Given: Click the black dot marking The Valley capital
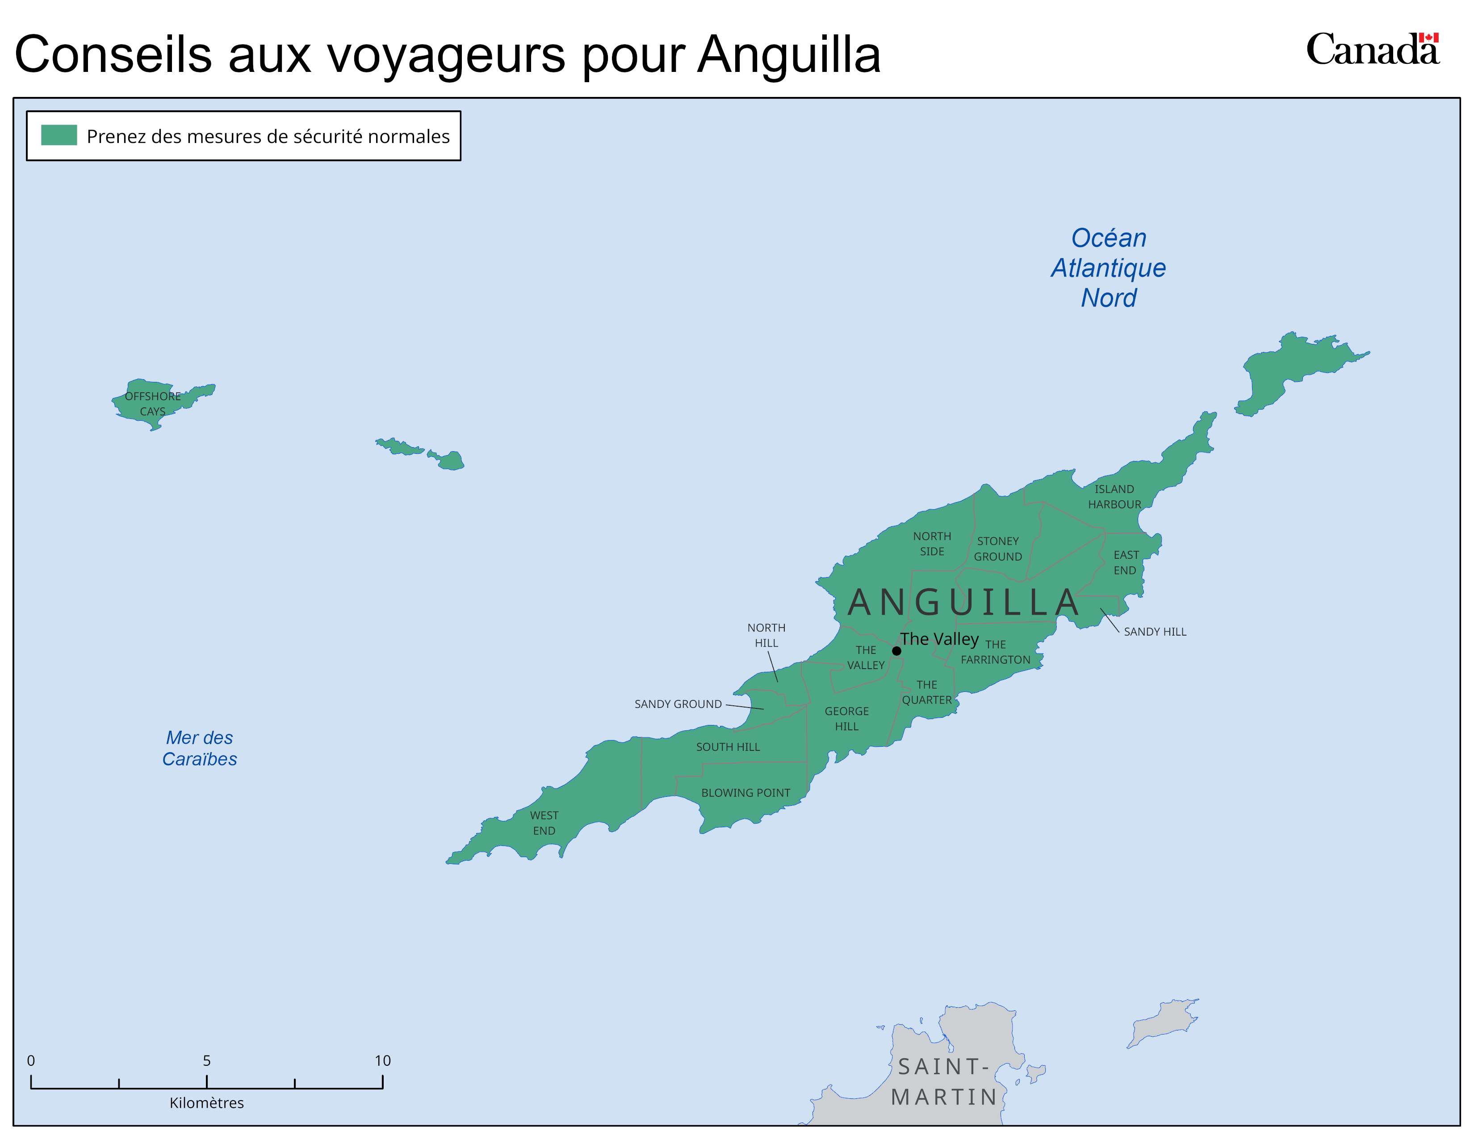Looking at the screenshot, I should (896, 651).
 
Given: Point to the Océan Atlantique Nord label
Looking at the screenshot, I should (1108, 268).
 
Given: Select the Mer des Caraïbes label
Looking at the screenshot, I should (200, 748).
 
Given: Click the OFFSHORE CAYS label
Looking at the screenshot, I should (152, 403).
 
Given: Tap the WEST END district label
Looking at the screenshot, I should (544, 823).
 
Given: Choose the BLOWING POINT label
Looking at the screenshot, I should (745, 793).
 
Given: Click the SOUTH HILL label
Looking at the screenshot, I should (728, 747).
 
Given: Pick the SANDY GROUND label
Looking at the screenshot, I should (678, 704).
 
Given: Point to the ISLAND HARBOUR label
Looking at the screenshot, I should (1114, 497).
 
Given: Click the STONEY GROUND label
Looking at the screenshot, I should (997, 549).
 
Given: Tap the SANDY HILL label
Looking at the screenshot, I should (1155, 632).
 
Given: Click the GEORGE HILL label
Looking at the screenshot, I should (846, 719).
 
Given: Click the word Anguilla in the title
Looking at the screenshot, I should (788, 54).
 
